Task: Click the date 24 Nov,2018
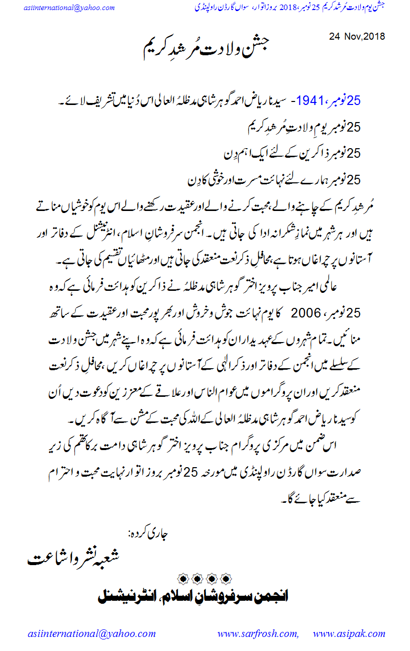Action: click(357, 36)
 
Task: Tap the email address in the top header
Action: click(69, 8)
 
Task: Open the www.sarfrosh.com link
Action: click(258, 634)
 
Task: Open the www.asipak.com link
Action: click(347, 634)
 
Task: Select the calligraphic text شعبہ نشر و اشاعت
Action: click(75, 558)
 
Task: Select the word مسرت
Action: click(239, 179)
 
